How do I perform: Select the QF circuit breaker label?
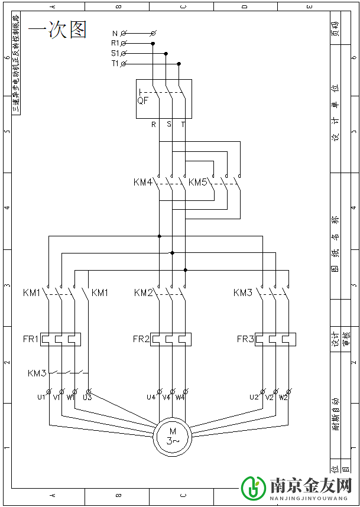tap(143, 100)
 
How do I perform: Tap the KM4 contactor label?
tap(143, 183)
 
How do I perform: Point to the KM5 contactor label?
tap(198, 183)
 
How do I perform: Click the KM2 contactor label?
tap(144, 293)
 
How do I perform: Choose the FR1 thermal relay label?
tap(31, 339)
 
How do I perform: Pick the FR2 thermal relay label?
tap(141, 339)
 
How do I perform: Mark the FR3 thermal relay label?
tap(245, 339)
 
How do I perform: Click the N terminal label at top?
tap(115, 34)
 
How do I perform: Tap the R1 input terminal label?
tap(115, 43)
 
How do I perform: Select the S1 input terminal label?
tap(115, 53)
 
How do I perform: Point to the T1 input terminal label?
tap(115, 63)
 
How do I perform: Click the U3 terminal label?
tap(87, 398)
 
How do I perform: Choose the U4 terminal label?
tap(151, 398)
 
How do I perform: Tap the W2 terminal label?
tap(283, 398)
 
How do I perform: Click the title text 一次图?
tap(57, 30)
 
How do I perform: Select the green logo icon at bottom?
tap(254, 488)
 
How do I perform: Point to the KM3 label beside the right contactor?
tap(243, 293)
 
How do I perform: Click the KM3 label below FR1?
tap(37, 373)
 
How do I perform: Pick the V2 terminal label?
tap(269, 398)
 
